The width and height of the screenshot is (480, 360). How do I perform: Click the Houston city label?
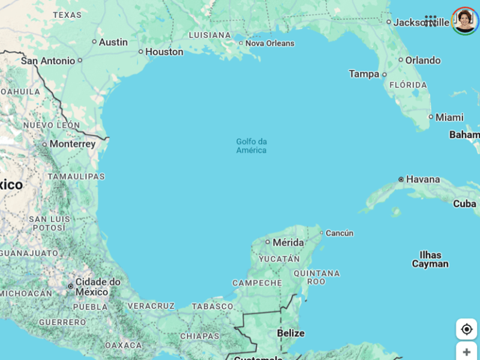point(164,52)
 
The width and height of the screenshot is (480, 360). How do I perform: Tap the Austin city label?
point(113,42)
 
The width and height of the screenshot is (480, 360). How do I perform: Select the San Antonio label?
point(48,61)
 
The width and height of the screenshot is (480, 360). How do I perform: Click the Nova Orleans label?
point(270,43)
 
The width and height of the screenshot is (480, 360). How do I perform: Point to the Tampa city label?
point(364,74)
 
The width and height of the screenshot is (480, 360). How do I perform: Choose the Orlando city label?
point(422,60)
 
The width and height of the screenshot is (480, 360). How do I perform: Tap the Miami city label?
point(449,117)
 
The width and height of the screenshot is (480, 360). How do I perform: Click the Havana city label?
point(423,179)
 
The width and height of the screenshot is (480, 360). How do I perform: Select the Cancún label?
point(340,233)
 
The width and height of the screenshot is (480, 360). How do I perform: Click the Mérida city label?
point(288,242)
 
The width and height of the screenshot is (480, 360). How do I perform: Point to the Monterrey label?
point(72,144)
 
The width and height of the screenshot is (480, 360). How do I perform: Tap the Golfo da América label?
point(251,146)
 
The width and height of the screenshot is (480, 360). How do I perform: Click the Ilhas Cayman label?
point(430,259)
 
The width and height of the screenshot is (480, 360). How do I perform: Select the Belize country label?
point(290,333)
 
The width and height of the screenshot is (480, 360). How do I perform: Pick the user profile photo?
point(465,21)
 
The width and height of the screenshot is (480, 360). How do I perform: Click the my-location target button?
point(467,329)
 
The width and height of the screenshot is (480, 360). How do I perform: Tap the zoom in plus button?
point(467,352)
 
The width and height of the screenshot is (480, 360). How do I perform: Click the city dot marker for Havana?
point(401,179)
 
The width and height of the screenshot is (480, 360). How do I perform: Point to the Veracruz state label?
point(151,306)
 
